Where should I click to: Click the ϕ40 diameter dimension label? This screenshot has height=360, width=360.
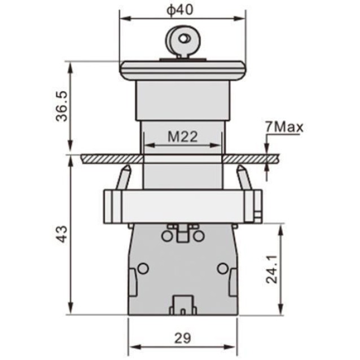tap(180, 10)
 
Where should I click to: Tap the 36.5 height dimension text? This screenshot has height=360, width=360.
tap(62, 106)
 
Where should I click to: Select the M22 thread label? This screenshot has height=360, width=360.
tap(182, 137)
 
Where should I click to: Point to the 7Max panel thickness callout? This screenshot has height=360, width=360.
tap(284, 127)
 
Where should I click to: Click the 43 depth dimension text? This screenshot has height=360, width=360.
tap(62, 234)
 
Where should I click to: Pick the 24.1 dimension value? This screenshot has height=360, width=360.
tap(271, 269)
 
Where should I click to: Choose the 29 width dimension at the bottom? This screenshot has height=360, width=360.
tap(182, 338)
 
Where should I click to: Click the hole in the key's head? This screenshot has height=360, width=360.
tap(184, 39)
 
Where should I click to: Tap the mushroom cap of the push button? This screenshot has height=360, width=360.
tap(183, 71)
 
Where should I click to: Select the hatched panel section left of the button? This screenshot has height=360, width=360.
tap(112, 159)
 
